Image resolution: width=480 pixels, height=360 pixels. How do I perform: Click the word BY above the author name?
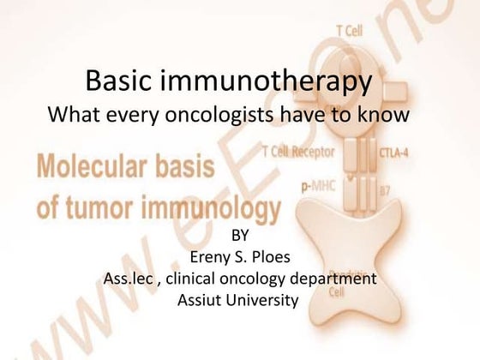pos(243,236)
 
